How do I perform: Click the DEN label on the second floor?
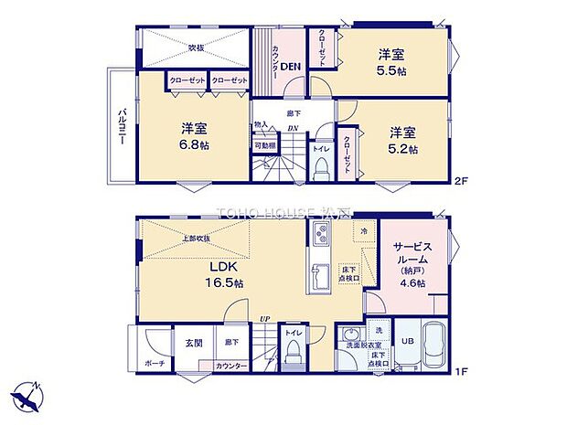(291, 66)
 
